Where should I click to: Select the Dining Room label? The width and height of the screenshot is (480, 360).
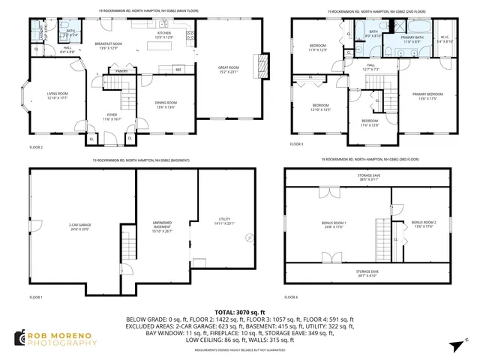click(166, 104)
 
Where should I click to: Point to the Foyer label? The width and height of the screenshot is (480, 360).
click(112, 117)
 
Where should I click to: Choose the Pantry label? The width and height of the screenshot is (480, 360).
click(121, 71)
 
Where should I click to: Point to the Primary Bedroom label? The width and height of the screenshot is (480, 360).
click(427, 95)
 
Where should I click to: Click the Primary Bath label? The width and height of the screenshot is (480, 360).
click(412, 39)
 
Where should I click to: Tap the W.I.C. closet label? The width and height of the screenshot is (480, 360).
click(445, 39)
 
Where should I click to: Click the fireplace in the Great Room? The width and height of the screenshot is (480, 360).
click(262, 65)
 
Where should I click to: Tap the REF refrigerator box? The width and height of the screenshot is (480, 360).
click(179, 70)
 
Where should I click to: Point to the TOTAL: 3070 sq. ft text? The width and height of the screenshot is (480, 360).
click(239, 311)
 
